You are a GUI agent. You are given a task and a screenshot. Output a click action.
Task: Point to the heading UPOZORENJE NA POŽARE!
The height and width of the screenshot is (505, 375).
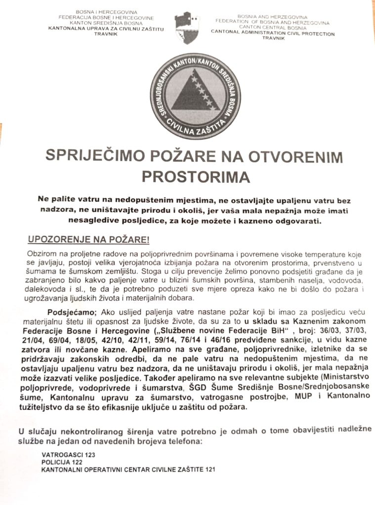tap(88, 240)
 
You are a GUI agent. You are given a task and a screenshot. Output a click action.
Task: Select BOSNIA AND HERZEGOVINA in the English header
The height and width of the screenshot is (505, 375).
tap(273, 17)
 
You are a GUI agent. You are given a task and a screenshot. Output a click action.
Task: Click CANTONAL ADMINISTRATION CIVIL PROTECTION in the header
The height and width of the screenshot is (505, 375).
tap(273, 34)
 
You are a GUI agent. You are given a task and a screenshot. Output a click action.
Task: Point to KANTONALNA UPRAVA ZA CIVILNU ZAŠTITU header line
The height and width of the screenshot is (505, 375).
tap(106, 28)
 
